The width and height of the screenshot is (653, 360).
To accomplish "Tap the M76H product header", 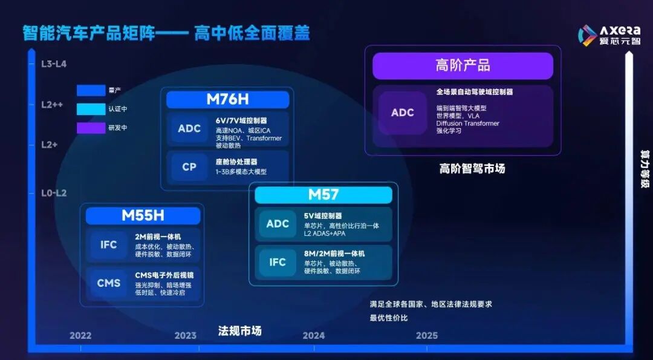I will click(x=227, y=100).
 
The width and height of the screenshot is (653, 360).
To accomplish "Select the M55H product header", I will click(x=143, y=216).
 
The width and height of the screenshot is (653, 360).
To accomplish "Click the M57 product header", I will click(x=323, y=195).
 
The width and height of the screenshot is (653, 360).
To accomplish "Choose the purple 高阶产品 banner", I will click(x=463, y=66).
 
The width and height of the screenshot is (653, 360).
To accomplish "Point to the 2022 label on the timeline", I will click(x=80, y=335).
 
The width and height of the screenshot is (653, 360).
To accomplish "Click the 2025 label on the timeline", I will click(x=427, y=335).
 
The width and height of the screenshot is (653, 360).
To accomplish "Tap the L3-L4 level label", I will click(x=54, y=64).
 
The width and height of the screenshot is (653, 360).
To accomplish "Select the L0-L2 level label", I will click(x=54, y=193).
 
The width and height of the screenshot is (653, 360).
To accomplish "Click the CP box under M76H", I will click(x=189, y=167).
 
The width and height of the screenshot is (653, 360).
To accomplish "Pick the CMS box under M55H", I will click(x=109, y=283).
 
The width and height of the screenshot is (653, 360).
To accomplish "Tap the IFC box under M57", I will click(x=278, y=263).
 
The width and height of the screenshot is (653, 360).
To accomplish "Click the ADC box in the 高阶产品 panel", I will click(x=403, y=113).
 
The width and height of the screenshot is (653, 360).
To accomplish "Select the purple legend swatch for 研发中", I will click(x=91, y=128).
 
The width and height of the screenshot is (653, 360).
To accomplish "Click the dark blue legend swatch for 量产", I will click(x=91, y=91).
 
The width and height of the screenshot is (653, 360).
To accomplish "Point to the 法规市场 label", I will click(x=239, y=331).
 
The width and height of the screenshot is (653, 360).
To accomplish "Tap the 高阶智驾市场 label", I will click(x=472, y=169).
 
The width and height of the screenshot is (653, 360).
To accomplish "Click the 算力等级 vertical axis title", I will click(x=645, y=170).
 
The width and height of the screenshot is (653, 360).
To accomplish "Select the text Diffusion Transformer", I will click(x=467, y=123).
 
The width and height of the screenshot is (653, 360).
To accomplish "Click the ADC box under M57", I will click(x=278, y=224).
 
